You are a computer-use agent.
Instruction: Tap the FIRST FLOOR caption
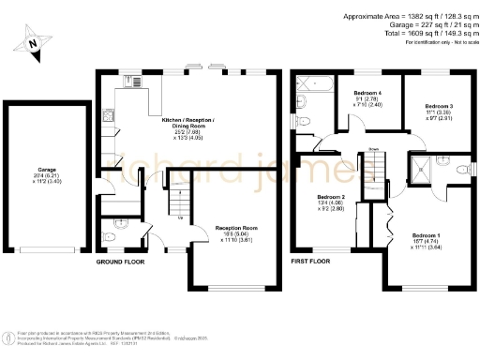tap(311, 261)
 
